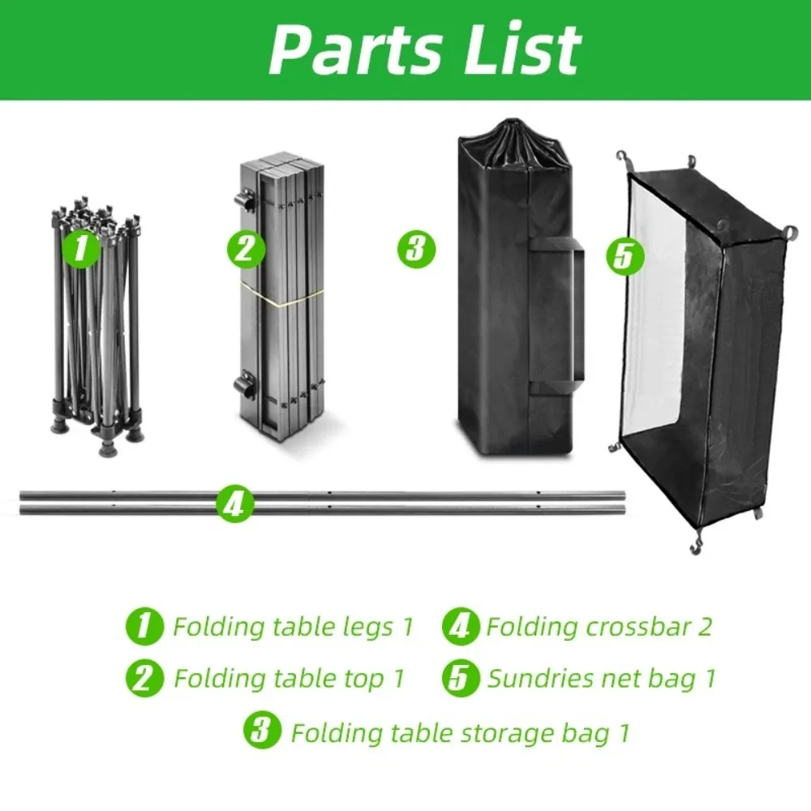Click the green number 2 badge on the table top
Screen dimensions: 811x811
click(245, 249)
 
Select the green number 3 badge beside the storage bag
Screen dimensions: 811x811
click(416, 248)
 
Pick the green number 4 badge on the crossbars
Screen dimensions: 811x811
click(234, 505)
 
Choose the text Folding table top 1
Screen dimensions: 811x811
click(289, 678)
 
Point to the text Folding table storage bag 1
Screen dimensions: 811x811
click(460, 733)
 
